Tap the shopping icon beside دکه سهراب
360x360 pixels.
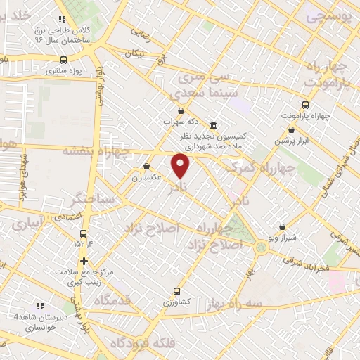[182, 110]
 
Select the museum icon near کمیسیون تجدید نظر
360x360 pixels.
[214, 124]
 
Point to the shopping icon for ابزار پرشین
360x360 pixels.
[292, 129]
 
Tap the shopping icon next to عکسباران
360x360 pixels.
[146, 167]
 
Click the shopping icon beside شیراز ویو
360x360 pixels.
[283, 227]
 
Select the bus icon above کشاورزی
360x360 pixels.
[176, 290]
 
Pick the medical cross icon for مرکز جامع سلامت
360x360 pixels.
[84, 261]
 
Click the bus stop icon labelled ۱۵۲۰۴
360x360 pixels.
[84, 234]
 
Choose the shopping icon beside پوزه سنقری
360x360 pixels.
[61, 71]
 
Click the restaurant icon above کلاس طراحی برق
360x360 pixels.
[62, 20]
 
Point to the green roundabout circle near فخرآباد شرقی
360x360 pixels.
[262, 247]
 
